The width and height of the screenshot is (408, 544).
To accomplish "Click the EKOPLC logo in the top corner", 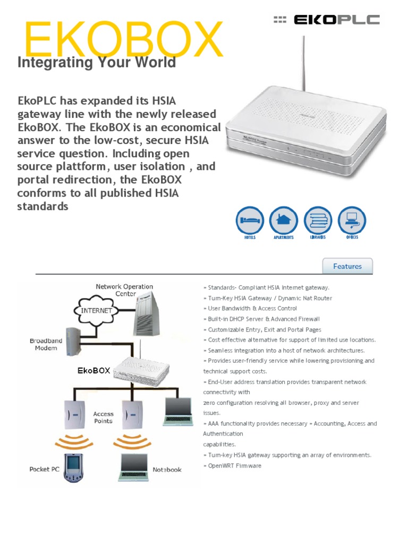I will tap(326, 20).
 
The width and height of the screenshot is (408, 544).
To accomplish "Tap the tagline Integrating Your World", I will tap(97, 63).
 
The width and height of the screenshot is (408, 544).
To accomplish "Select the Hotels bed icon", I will tap(250, 219).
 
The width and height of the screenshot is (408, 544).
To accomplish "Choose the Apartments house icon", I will tap(284, 219).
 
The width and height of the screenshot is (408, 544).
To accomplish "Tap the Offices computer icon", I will tap(352, 219).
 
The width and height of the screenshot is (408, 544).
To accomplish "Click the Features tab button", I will tap(347, 266).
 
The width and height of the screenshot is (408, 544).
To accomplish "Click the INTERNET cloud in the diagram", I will tap(96, 310).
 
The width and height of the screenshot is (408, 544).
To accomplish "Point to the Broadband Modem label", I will tap(46, 344).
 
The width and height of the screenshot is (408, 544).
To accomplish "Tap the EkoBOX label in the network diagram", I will tap(93, 370).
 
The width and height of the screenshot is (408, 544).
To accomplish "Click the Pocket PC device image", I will tap(72, 467).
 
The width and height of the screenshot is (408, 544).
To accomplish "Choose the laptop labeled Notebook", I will tap(135, 466).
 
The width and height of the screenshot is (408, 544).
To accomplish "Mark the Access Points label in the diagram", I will tap(103, 417).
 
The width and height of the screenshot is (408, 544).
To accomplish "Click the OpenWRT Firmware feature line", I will tap(233, 465).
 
